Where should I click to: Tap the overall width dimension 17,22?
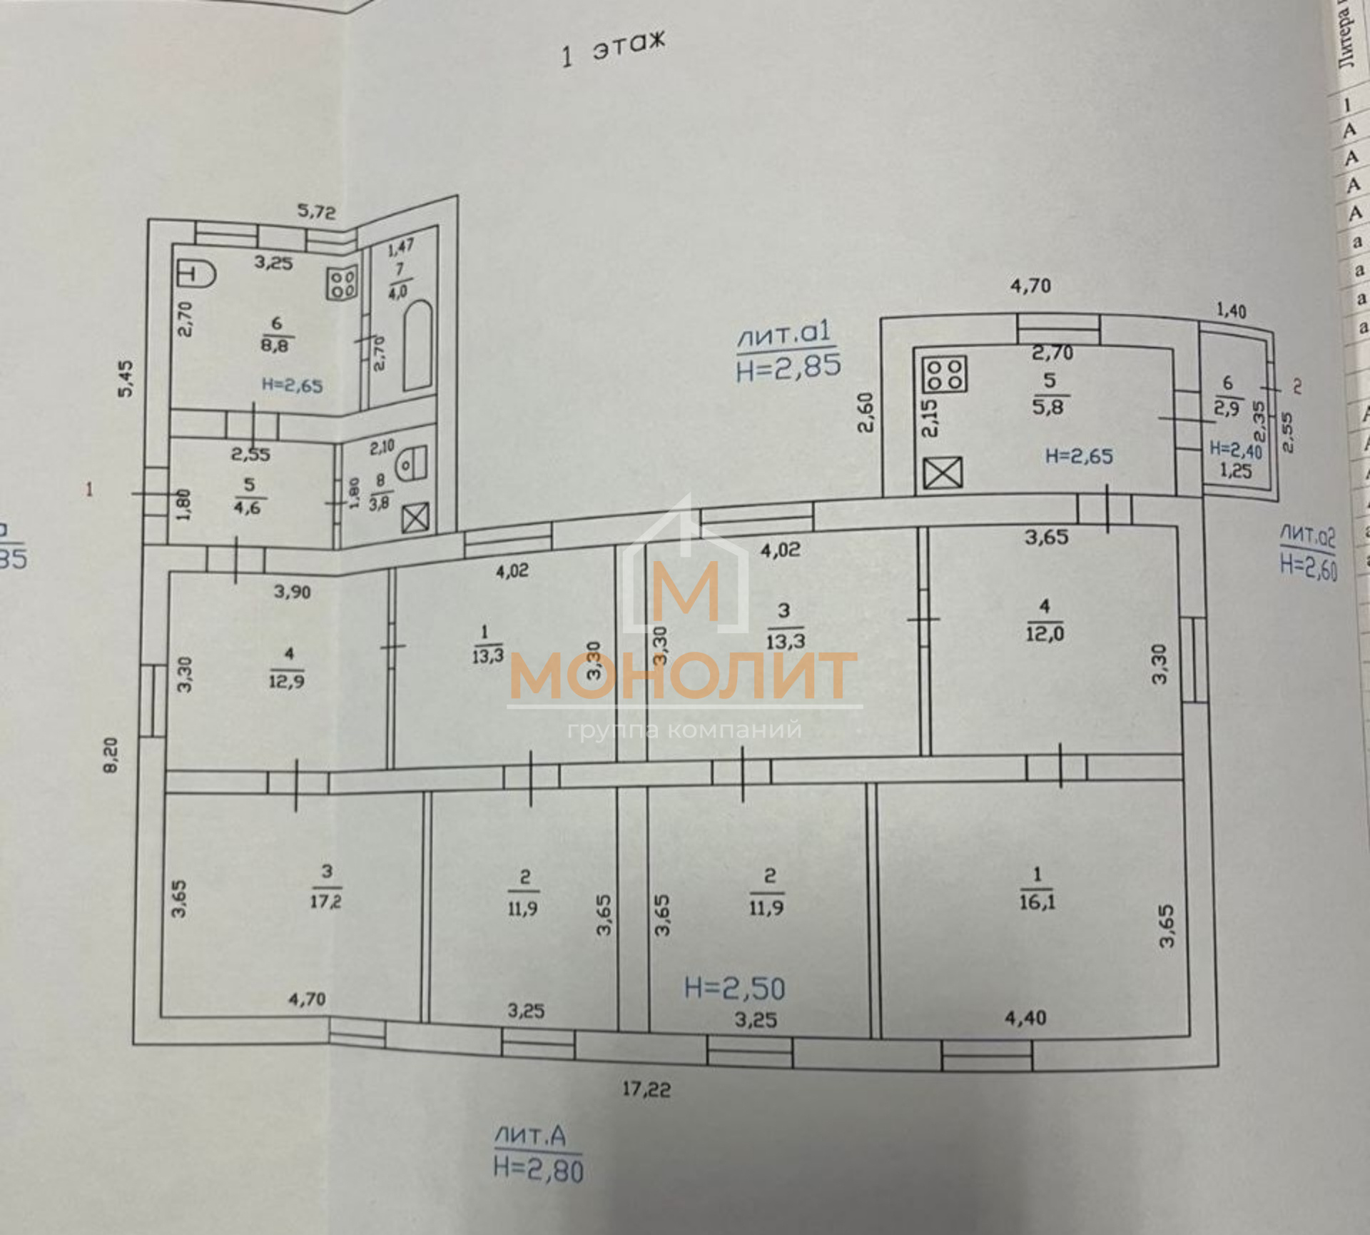click(646, 1089)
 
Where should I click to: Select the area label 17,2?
click(325, 901)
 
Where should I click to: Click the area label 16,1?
click(1037, 902)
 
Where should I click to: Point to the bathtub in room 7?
click(417, 346)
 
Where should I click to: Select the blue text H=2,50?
click(734, 988)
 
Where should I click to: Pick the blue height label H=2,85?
click(788, 366)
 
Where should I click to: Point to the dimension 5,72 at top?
click(316, 212)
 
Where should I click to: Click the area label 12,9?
click(286, 681)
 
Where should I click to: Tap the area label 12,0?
click(1044, 633)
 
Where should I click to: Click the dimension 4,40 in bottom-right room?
click(1025, 1018)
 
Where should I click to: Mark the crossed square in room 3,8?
click(415, 519)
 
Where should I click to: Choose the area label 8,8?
click(277, 346)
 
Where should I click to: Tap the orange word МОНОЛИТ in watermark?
click(684, 676)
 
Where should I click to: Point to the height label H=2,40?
click(1236, 450)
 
